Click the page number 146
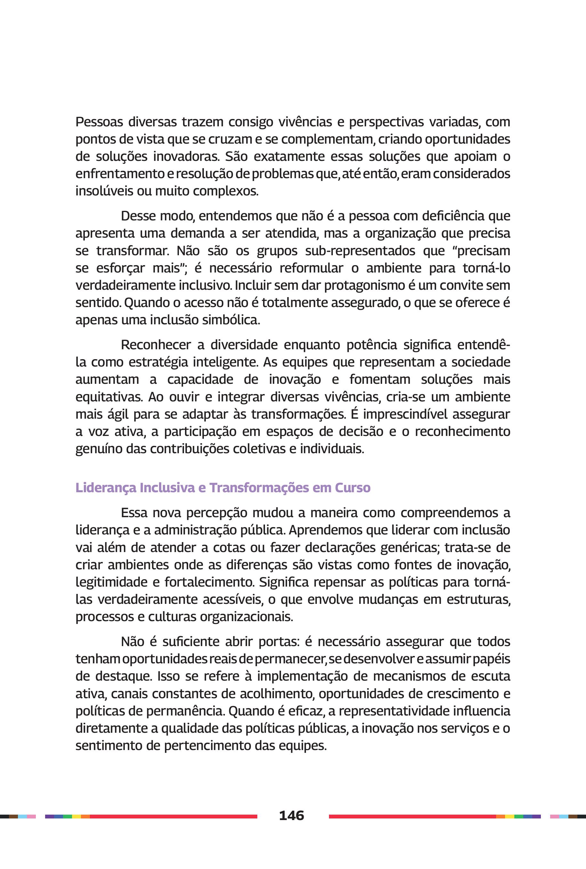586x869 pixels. coord(292,815)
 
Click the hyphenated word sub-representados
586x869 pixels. coord(360,250)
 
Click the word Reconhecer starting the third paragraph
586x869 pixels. coord(156,345)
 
